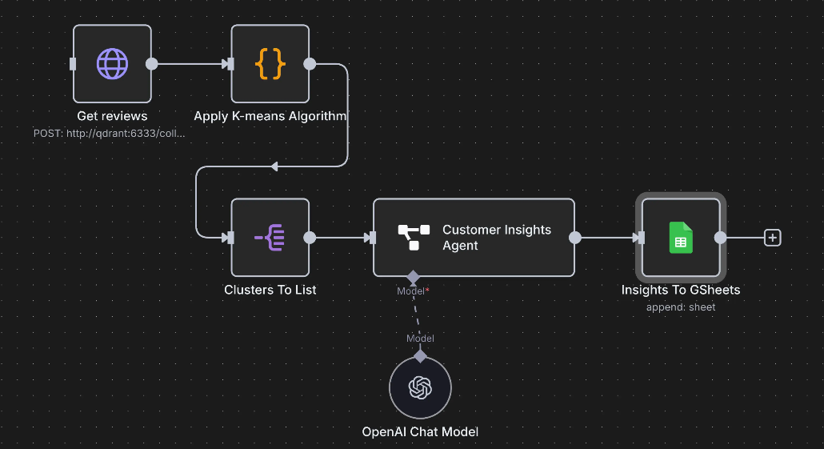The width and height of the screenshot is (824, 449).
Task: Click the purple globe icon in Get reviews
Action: pyautogui.click(x=112, y=63)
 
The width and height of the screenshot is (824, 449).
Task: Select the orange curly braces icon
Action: pyautogui.click(x=270, y=63)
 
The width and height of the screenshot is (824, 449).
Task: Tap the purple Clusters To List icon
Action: pyautogui.click(x=270, y=237)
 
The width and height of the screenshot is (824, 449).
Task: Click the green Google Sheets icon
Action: pyautogui.click(x=681, y=237)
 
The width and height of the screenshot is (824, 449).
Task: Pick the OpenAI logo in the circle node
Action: pyautogui.click(x=420, y=387)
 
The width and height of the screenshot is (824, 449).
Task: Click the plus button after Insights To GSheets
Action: pyautogui.click(x=772, y=237)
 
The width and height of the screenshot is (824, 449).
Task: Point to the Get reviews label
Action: pyautogui.click(x=112, y=116)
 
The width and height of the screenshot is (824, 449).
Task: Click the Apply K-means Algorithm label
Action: pyautogui.click(x=270, y=116)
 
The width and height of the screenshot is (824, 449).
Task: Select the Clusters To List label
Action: pyautogui.click(x=270, y=290)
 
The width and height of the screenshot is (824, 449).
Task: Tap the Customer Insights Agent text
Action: pyautogui.click(x=497, y=238)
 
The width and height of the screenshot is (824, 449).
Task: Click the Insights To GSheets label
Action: pyautogui.click(x=681, y=290)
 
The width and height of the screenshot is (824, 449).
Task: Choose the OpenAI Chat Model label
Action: pyautogui.click(x=420, y=432)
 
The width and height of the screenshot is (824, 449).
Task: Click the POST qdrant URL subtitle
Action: pyautogui.click(x=109, y=134)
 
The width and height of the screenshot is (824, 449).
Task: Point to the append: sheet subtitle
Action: pyautogui.click(x=681, y=307)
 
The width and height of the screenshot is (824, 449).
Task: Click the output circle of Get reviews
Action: pyautogui.click(x=152, y=63)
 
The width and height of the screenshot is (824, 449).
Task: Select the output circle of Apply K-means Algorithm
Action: pyautogui.click(x=310, y=63)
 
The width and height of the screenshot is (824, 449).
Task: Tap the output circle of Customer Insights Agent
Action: pyautogui.click(x=574, y=237)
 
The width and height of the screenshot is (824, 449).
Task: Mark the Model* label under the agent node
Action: pyautogui.click(x=413, y=291)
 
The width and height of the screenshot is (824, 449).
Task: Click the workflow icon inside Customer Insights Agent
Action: pyautogui.click(x=414, y=237)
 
